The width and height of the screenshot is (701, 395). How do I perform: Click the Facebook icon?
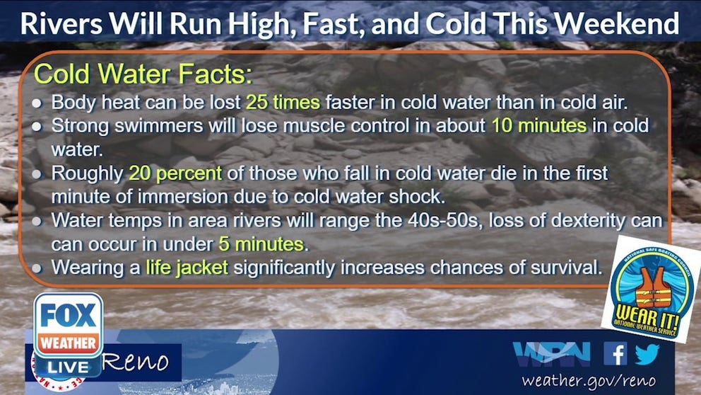click(615, 353)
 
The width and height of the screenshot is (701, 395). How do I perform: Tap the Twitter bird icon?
click(646, 353)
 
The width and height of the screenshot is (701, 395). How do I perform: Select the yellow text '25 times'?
click(283, 101)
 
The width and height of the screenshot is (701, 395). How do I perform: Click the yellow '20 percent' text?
click(175, 173)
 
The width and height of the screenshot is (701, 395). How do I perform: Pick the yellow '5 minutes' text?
click(261, 245)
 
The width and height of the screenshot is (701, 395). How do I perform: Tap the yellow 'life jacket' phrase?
click(187, 268)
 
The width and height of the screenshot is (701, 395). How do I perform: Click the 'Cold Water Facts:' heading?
click(143, 74)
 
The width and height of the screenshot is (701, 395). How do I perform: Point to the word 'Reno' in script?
click(137, 362)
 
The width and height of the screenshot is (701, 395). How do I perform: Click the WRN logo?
click(551, 353)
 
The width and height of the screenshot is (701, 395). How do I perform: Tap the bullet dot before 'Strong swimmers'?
click(37, 126)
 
